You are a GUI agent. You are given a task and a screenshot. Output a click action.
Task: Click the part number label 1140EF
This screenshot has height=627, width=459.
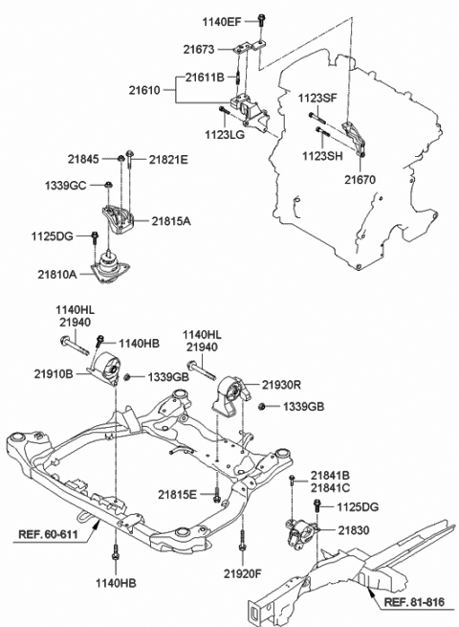coord(222,22)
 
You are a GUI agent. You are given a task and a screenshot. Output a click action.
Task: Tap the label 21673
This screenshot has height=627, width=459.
coord(199,50)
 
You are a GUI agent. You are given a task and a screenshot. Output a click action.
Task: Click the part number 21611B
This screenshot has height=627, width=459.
coord(205,78)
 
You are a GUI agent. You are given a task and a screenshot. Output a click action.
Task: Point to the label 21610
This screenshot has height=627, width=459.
coord(144,90)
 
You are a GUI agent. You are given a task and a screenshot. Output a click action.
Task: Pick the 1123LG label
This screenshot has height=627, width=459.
coord(225,135)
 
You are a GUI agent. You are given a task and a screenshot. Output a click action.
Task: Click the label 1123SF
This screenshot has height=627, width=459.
coord(317,98)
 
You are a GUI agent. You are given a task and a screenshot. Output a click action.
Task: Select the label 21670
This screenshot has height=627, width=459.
coord(361,180)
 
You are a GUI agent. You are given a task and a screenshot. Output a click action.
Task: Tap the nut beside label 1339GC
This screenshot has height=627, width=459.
coord(108,185)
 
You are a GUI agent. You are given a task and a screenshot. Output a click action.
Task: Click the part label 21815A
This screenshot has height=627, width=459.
coord(171,221)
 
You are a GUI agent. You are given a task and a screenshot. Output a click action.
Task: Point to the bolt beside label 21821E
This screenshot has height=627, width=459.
coord(130,159)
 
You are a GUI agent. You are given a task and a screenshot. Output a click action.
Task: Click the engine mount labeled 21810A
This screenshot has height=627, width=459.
coord(109,267)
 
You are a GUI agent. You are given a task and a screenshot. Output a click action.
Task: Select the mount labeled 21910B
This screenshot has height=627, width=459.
coord(104,369)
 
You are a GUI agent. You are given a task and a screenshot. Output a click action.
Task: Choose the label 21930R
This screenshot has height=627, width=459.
coord(282,385)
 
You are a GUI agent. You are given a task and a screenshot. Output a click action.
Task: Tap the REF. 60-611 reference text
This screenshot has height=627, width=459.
coord(48,534)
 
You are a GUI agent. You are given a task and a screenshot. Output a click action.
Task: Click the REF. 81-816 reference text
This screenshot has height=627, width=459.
coord(414,602)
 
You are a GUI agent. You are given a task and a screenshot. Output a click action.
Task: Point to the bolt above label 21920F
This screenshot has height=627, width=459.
coord(242,541)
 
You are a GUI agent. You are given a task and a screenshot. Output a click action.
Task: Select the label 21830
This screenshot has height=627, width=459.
coord(354,530)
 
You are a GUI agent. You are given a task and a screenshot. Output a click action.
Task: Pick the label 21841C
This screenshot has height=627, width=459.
coord(330,488)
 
